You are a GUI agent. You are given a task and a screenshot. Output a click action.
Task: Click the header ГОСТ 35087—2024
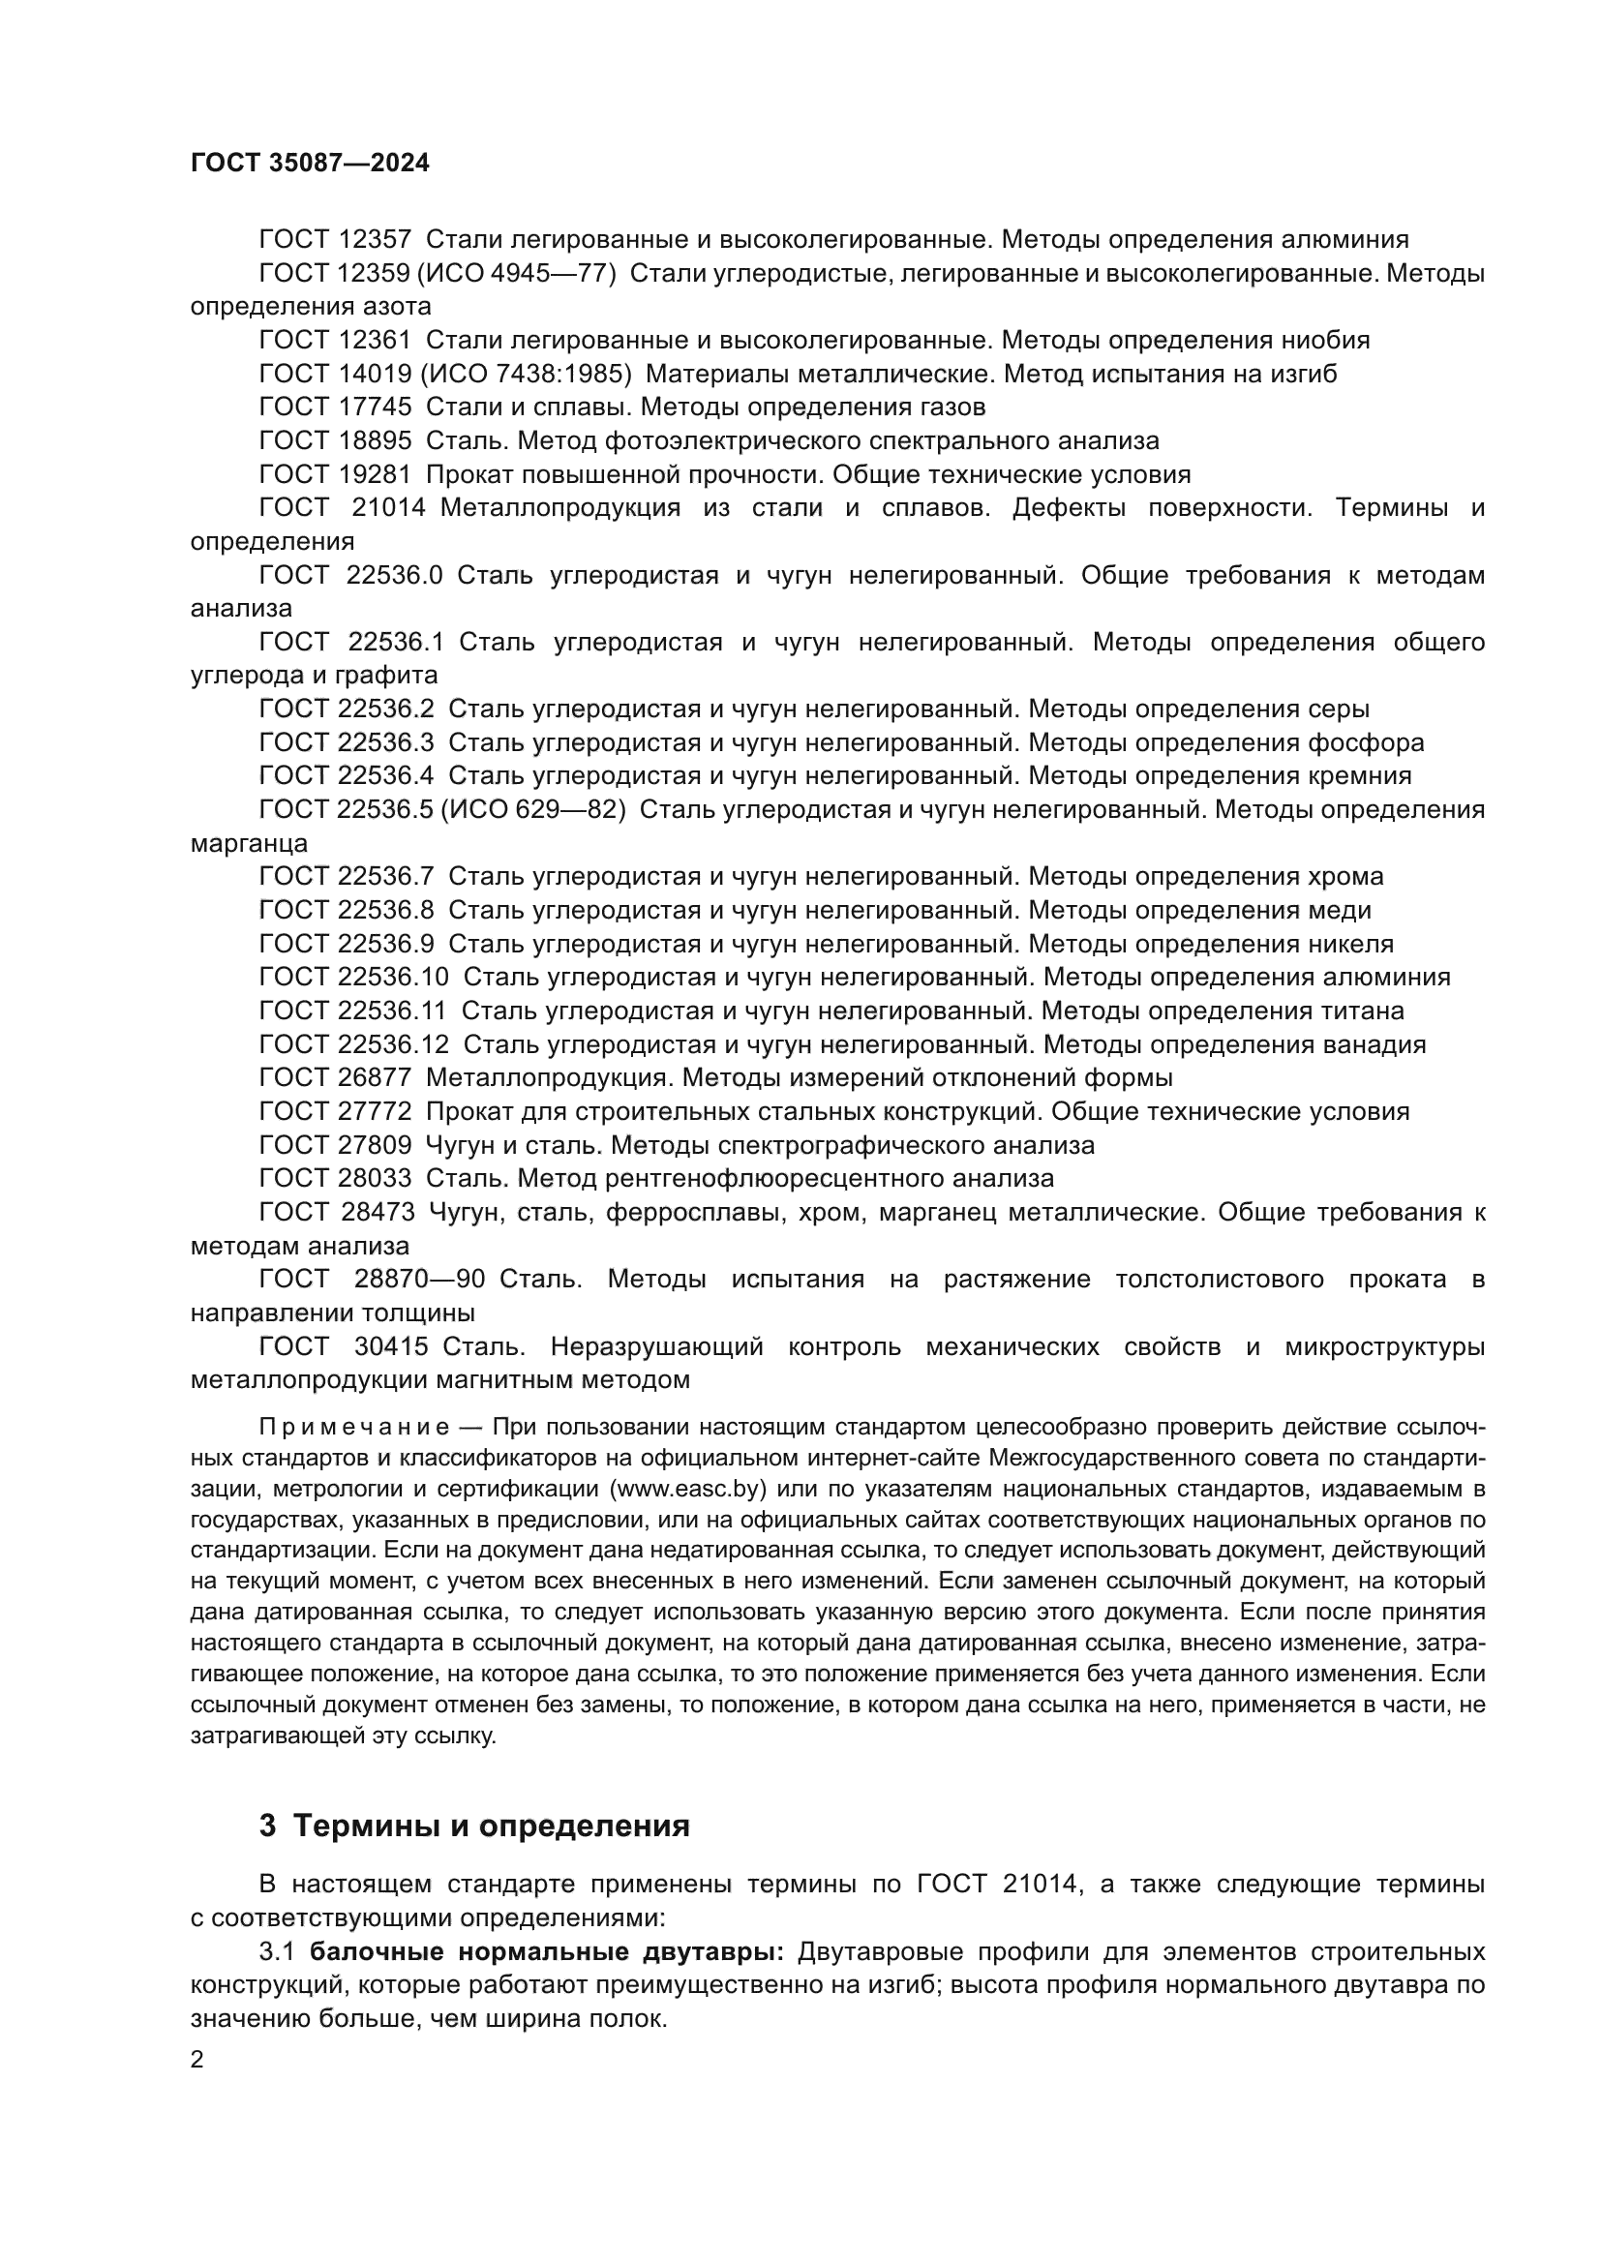click(x=310, y=164)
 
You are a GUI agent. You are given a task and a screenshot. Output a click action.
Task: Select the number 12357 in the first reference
click(x=374, y=240)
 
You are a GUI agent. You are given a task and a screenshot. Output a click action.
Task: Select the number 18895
click(x=374, y=440)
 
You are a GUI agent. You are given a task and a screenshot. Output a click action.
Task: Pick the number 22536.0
click(x=394, y=575)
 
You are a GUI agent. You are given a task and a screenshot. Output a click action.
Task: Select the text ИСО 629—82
click(x=532, y=809)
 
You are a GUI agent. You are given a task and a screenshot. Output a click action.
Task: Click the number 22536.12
click(x=392, y=1044)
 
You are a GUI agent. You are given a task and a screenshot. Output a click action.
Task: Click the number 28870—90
click(x=419, y=1279)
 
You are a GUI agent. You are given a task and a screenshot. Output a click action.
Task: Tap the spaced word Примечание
click(x=354, y=1428)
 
